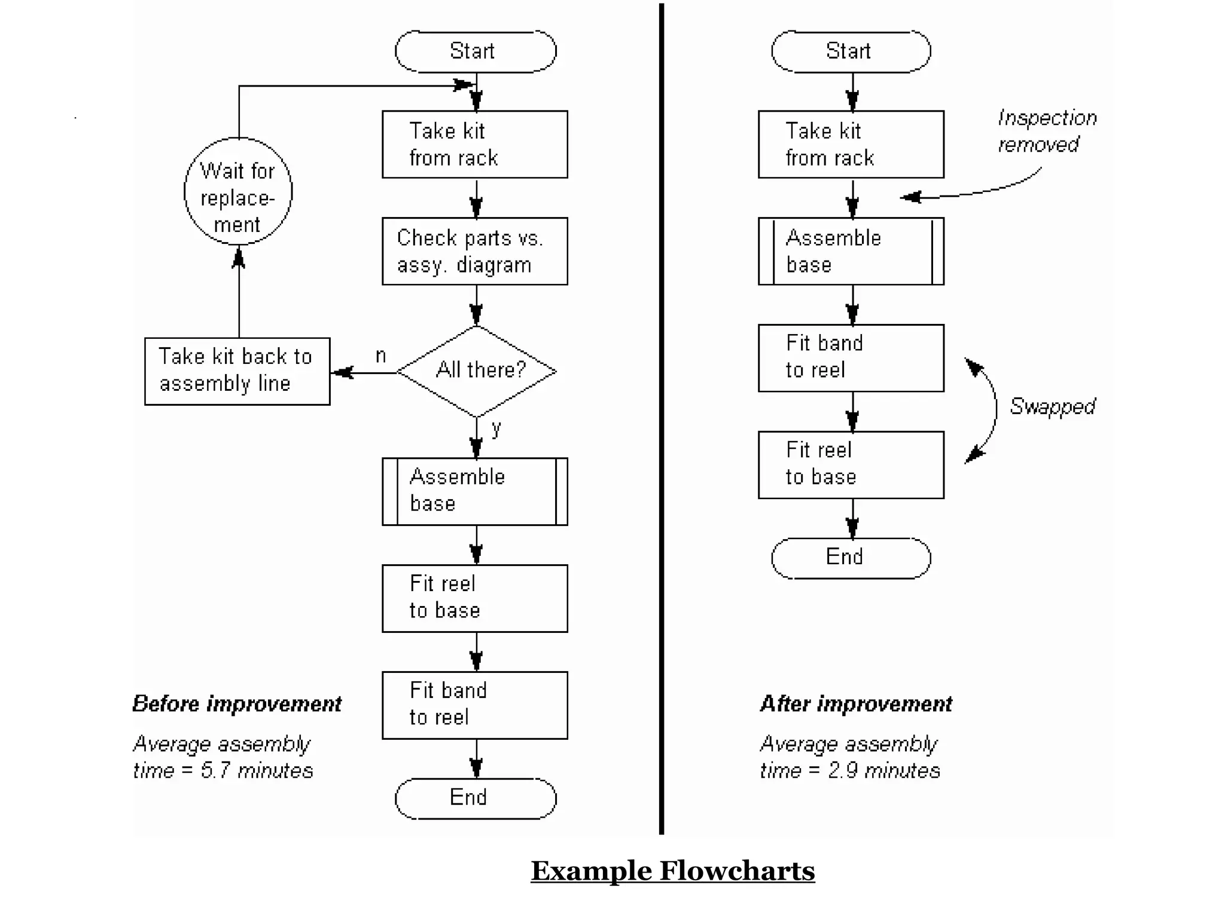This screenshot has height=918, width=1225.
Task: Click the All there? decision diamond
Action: click(x=477, y=371)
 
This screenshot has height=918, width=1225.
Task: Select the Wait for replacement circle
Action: click(x=238, y=192)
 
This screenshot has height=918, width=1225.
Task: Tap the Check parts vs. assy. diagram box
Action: click(x=475, y=251)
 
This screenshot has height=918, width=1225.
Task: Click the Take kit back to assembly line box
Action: click(x=237, y=371)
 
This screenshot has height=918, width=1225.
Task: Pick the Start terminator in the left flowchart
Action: click(x=476, y=51)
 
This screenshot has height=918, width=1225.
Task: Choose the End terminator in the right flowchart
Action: click(x=851, y=558)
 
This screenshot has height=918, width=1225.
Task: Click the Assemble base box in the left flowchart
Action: click(x=475, y=491)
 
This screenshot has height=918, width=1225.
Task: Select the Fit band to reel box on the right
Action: click(x=851, y=358)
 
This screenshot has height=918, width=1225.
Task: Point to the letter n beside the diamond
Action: click(x=380, y=356)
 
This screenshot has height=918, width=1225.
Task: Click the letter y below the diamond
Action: click(x=496, y=427)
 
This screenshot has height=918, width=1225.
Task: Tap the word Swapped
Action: click(x=1052, y=406)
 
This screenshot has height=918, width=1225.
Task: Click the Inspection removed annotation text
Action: click(x=1047, y=131)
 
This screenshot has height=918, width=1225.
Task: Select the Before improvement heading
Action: click(x=237, y=704)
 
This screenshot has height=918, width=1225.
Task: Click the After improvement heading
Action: click(x=856, y=704)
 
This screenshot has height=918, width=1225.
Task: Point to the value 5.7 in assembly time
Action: click(x=215, y=770)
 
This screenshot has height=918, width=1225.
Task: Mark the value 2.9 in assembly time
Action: click(x=842, y=770)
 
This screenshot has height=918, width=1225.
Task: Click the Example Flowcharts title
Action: click(x=672, y=871)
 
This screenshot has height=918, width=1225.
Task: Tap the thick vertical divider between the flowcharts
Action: click(x=662, y=418)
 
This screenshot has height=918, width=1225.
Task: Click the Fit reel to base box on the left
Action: click(x=475, y=598)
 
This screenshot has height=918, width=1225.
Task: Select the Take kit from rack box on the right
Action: click(x=851, y=144)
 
